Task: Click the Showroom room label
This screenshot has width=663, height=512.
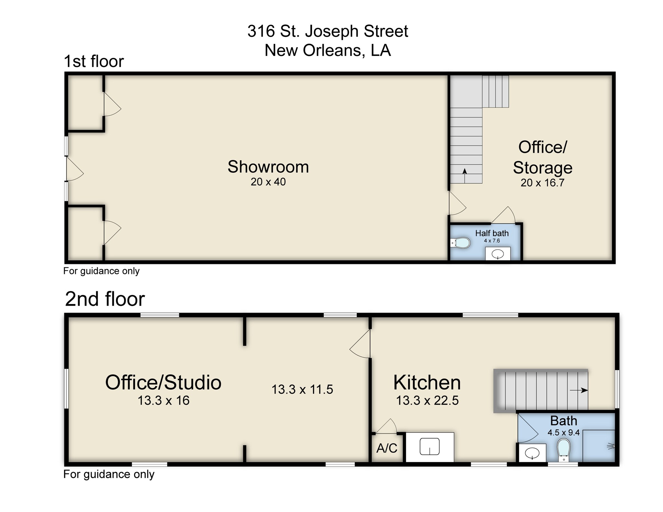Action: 268,167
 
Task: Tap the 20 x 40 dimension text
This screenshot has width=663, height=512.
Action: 268,182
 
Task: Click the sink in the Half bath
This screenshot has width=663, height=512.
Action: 497,255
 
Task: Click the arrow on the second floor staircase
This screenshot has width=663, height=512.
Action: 579,390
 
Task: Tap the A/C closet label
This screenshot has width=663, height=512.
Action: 387,448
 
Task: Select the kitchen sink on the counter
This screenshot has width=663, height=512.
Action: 429,447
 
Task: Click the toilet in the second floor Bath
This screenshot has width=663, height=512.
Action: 564,449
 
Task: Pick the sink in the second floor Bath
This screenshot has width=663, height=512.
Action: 532,453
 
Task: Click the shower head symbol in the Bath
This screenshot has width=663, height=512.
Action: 611,446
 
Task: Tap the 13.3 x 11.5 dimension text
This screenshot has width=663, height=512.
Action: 302,389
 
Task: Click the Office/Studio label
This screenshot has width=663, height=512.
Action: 163,382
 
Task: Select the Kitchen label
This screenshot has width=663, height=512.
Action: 427,383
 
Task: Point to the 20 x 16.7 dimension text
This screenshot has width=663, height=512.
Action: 542,183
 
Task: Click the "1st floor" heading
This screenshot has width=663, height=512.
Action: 94,61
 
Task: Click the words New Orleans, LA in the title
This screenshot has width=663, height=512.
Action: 328,50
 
